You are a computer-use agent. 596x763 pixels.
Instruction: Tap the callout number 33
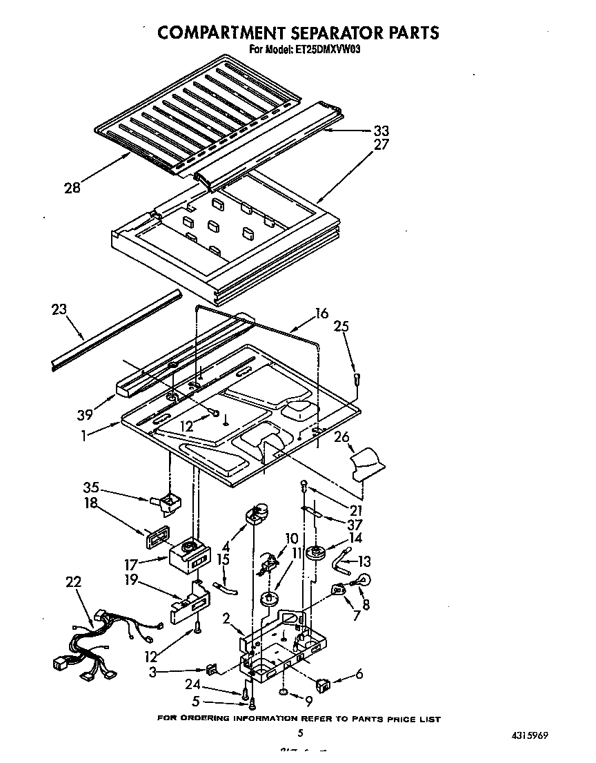tap(381, 131)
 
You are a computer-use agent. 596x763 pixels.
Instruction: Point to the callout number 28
tap(72, 186)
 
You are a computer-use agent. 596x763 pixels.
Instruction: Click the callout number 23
tap(60, 310)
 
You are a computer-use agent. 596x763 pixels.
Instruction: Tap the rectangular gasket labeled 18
tap(155, 537)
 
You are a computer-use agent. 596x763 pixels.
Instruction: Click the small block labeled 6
tap(324, 685)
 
